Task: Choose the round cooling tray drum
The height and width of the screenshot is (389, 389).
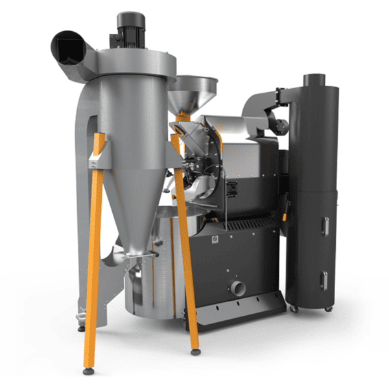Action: [156, 272]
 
